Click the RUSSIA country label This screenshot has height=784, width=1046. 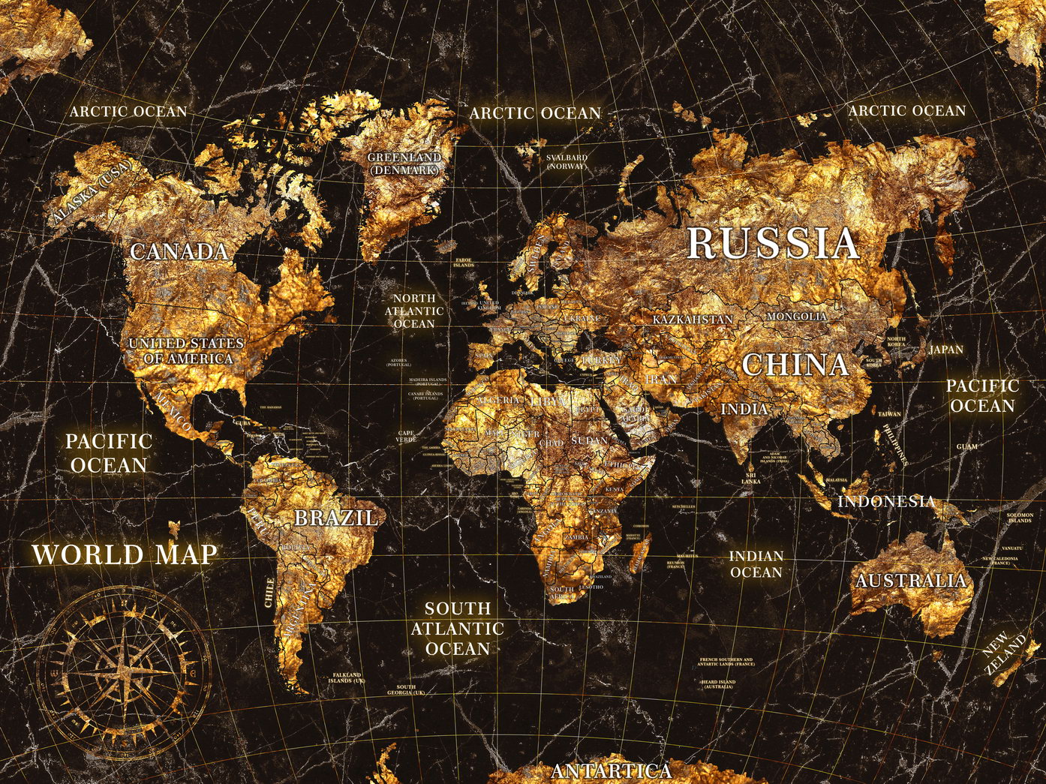click(x=772, y=243)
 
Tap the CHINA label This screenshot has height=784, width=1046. click(x=795, y=365)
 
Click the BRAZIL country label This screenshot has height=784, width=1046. click(x=335, y=518)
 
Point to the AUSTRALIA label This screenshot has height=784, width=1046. click(x=910, y=581)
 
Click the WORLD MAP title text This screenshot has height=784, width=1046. click(x=125, y=555)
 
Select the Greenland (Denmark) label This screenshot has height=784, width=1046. click(x=404, y=164)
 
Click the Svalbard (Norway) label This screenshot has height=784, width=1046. click(x=567, y=161)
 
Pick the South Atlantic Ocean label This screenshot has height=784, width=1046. click(x=457, y=629)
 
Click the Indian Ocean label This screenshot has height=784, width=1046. click(x=756, y=564)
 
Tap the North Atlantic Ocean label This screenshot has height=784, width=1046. click(x=414, y=311)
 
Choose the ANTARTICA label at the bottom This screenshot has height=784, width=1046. click(x=611, y=771)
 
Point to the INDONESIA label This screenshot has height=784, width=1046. click(x=886, y=501)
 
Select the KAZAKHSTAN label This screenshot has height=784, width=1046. click(x=692, y=320)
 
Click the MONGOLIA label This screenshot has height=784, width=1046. click(x=796, y=317)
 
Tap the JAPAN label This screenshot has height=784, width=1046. click(x=945, y=350)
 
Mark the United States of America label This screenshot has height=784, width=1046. click(x=187, y=351)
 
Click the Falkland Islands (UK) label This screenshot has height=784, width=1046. click(x=347, y=677)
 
